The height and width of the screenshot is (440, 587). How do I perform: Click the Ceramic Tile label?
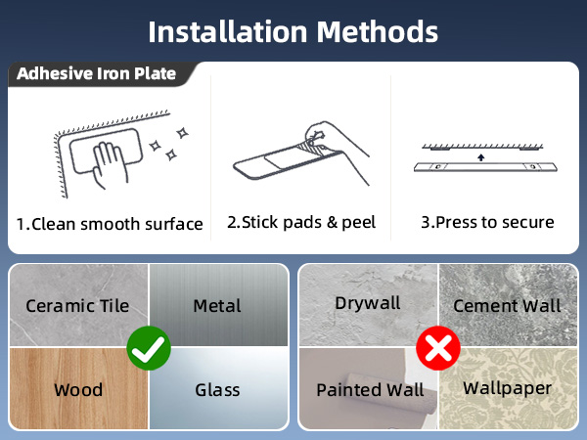(77, 306)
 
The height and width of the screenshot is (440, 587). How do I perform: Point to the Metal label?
(217, 306)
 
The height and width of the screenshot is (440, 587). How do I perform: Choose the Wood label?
(78, 390)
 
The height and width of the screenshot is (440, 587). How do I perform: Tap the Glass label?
(217, 390)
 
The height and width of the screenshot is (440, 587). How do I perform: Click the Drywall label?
(368, 303)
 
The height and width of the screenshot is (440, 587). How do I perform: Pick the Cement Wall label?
(507, 306)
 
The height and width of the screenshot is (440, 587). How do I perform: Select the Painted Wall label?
(370, 390)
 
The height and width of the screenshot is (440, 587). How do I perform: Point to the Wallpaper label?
(507, 388)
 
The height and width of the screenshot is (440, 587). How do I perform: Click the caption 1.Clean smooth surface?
(110, 224)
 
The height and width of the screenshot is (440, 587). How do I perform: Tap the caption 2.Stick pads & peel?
(301, 222)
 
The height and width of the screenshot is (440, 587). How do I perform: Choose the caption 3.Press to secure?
(487, 222)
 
